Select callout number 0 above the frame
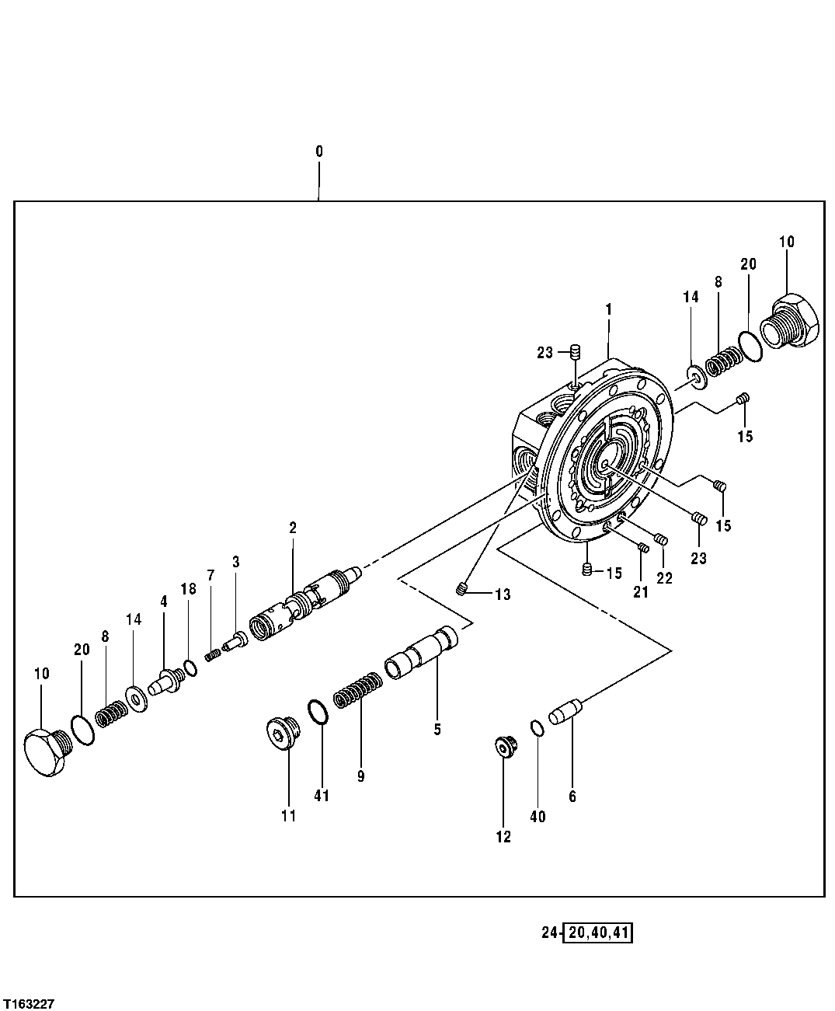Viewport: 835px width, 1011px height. click(x=318, y=152)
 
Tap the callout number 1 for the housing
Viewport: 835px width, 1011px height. click(x=609, y=309)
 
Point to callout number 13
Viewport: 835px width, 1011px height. click(x=502, y=595)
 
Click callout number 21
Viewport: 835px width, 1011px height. click(x=640, y=593)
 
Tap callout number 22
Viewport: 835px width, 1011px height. click(x=665, y=578)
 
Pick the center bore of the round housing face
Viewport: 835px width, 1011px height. click(x=605, y=465)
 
